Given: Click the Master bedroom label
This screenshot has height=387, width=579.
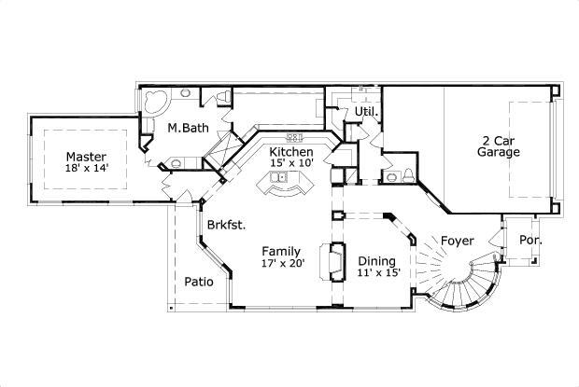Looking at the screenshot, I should pos(85,157).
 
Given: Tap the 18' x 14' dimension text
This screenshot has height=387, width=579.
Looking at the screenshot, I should pos(85,170).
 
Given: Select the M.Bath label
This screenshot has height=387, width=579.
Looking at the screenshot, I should pos(187,128).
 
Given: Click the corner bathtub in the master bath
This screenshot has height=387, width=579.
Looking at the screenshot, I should pos(155,100).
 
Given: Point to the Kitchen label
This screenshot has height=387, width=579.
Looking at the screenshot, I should pos(290,151).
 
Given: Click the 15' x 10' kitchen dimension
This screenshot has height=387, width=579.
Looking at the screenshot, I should pos(290,164).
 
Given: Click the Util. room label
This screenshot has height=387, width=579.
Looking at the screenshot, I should pos(364,112).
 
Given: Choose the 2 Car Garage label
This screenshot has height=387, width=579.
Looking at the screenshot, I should pos(498,146).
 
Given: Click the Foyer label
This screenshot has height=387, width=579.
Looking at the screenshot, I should pos(458,240).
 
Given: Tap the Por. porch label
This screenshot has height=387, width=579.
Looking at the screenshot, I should pos(530,240).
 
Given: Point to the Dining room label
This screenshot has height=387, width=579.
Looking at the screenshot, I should pos(376,261).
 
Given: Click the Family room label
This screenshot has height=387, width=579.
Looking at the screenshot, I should pos(280,251).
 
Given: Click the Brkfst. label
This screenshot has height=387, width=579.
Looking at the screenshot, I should pos(226,225).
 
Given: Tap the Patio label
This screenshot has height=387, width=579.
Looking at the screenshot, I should pos(197,281).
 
